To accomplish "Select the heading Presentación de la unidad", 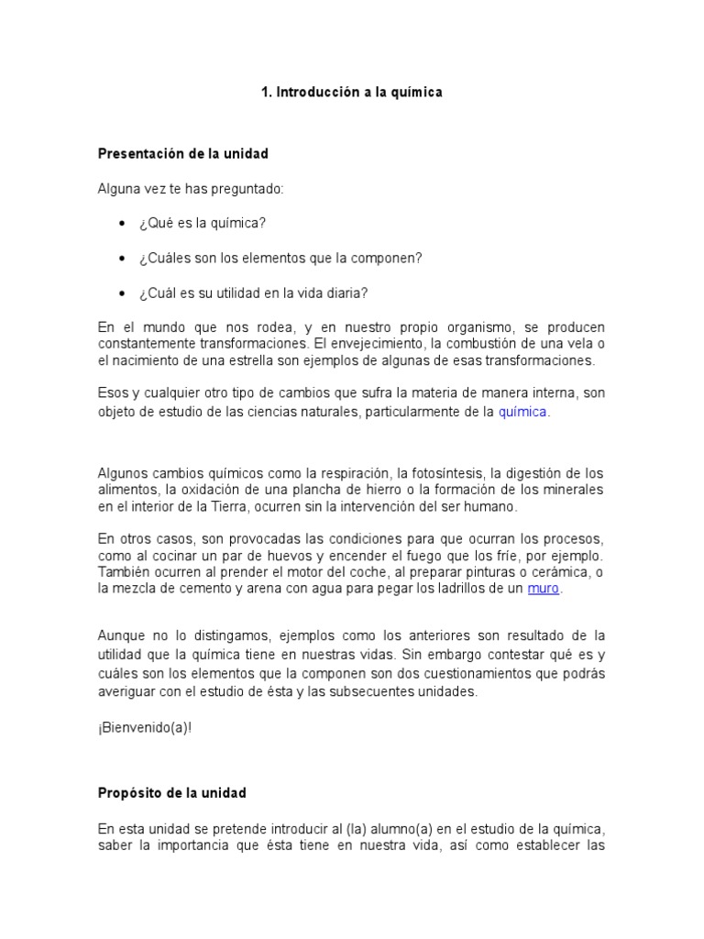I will pos(183,153).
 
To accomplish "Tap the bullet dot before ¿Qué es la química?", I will pos(122,224).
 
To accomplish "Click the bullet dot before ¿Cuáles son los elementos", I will pos(122,259).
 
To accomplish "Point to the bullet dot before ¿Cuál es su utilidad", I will pos(122,293).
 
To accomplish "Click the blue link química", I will pos(522,412).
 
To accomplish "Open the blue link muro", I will pos(543,589).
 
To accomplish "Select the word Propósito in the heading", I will pos(131,792).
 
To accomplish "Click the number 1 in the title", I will pos(264,93).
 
